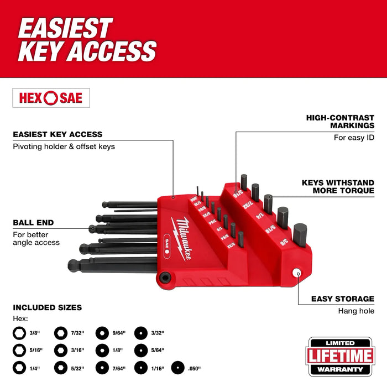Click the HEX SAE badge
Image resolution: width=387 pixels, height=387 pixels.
pos(51,98)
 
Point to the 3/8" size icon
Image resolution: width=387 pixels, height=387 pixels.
pos(19,332)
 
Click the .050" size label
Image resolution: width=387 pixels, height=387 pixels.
pos(193,368)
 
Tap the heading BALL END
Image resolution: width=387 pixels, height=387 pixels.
pos(33,222)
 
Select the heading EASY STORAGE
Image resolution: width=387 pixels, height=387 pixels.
pos(342,299)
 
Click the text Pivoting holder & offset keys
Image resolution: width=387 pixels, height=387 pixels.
pos(64,147)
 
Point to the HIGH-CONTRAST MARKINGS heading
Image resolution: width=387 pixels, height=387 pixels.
pos(340,122)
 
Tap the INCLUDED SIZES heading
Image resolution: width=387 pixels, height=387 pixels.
pos(47,307)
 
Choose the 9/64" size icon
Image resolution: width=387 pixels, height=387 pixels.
pos(102,332)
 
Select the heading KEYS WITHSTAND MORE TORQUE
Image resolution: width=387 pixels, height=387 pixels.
pos(338,186)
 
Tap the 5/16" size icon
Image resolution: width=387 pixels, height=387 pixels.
pos(19,350)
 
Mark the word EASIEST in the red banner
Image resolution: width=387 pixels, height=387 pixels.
pos(65,28)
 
